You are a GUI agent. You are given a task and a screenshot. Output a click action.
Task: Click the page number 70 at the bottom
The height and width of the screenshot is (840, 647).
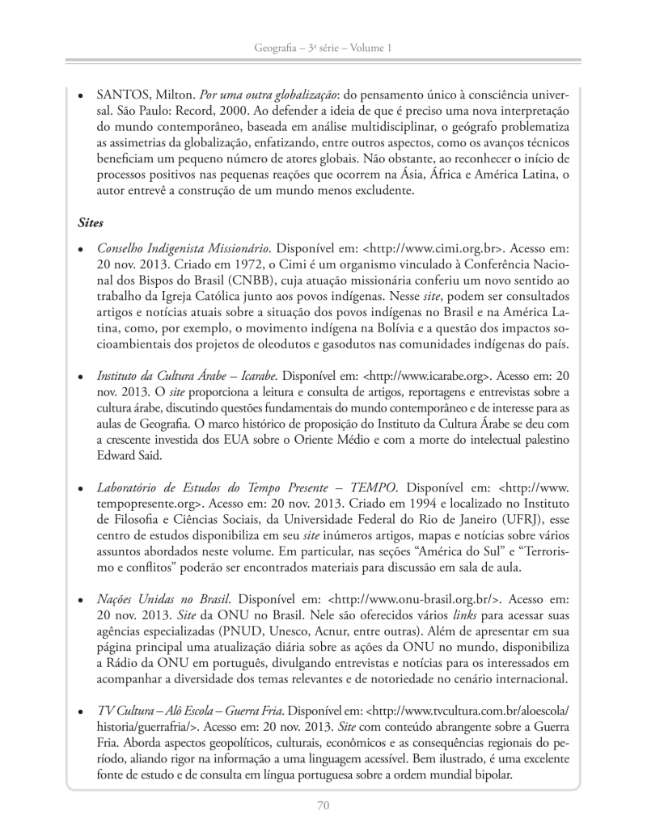tap(323, 804)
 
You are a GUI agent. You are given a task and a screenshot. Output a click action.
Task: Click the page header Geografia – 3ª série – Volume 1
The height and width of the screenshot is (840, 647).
tap(323, 49)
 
